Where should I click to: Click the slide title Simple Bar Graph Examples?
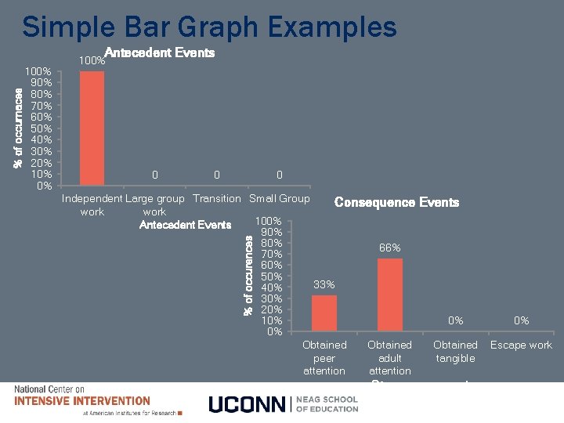click(x=209, y=28)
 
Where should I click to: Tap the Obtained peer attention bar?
click(x=324, y=313)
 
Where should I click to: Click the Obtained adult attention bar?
click(x=389, y=295)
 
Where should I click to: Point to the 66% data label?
click(x=389, y=248)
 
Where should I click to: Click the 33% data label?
click(x=324, y=284)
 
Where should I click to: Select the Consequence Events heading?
click(x=396, y=202)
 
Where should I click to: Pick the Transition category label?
click(x=217, y=198)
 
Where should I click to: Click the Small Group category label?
click(x=279, y=198)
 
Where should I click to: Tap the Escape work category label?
click(x=521, y=345)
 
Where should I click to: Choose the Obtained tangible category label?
click(x=455, y=352)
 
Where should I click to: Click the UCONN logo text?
click(x=248, y=403)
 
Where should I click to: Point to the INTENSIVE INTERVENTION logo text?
click(x=82, y=401)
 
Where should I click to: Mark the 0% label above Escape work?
click(x=521, y=320)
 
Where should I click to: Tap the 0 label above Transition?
click(x=217, y=175)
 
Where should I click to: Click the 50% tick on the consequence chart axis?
click(x=271, y=277)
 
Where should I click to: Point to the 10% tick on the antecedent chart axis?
click(x=42, y=174)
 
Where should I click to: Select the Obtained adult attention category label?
click(x=389, y=357)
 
